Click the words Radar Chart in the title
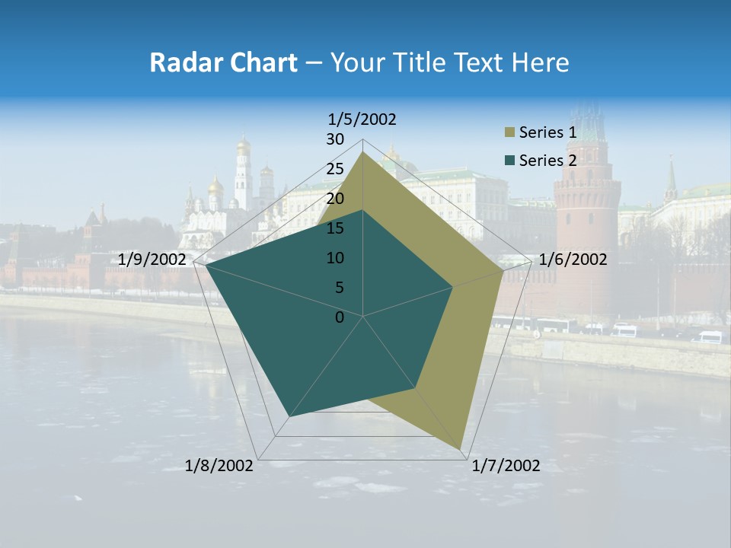(x=223, y=62)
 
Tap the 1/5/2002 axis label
(x=362, y=119)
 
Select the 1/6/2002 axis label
(x=573, y=260)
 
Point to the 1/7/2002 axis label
(x=506, y=466)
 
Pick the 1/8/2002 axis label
(x=219, y=466)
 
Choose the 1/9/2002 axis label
(x=152, y=260)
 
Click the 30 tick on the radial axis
(x=335, y=139)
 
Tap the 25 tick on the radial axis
(x=335, y=169)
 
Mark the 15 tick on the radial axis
(x=335, y=228)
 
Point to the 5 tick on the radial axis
(x=339, y=288)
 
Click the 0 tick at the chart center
(x=340, y=317)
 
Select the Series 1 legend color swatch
(x=509, y=133)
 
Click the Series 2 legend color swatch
(x=509, y=161)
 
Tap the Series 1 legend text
(x=547, y=133)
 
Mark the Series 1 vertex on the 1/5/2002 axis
(x=363, y=152)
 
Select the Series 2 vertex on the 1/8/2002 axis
(x=289, y=417)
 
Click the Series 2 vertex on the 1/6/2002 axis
(x=452, y=287)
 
